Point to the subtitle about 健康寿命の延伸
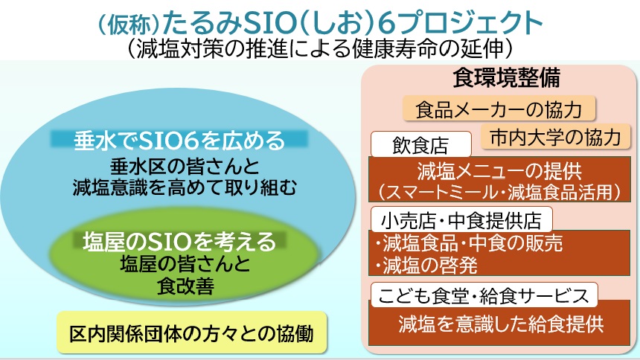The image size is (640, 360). (321, 48)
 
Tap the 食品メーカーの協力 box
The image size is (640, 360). (499, 109)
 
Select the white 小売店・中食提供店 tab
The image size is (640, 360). (461, 219)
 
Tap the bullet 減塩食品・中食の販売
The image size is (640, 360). (468, 242)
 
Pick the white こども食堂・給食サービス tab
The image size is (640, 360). (483, 295)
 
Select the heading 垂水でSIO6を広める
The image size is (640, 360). (179, 139)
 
